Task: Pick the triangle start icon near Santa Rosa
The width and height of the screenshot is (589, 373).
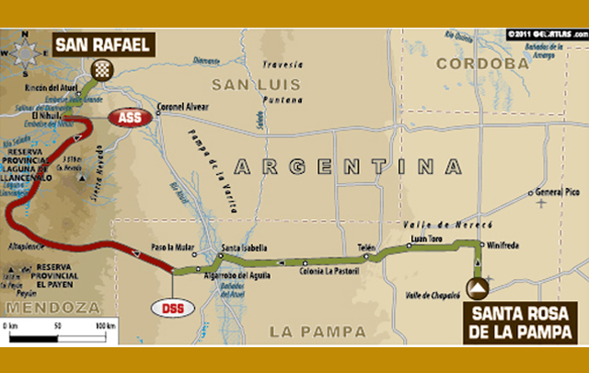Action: point(478,289)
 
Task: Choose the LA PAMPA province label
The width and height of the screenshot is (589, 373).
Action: point(309,330)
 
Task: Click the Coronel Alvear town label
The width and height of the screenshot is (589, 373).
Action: point(187,105)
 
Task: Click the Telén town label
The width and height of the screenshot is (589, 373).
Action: point(365,247)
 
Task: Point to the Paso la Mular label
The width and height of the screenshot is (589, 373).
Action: point(172,248)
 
